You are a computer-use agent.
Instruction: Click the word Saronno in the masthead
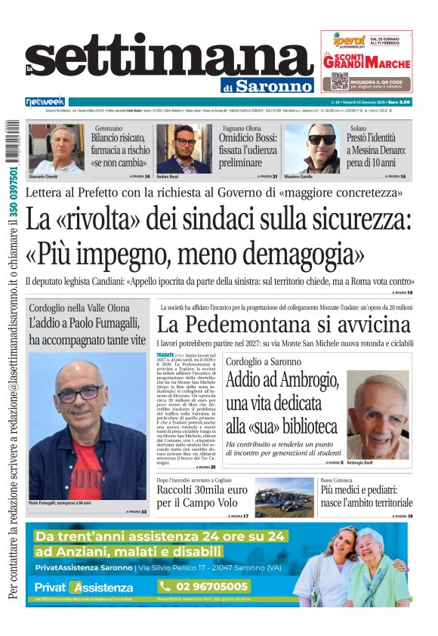273,85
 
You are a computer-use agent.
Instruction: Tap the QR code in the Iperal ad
339,80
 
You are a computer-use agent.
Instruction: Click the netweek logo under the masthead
45,101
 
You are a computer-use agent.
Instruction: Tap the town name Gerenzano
109,128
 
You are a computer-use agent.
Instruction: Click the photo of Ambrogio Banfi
376,413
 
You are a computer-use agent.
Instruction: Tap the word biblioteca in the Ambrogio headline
301,425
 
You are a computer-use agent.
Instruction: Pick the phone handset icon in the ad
165,586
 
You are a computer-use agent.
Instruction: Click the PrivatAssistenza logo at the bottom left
84,588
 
